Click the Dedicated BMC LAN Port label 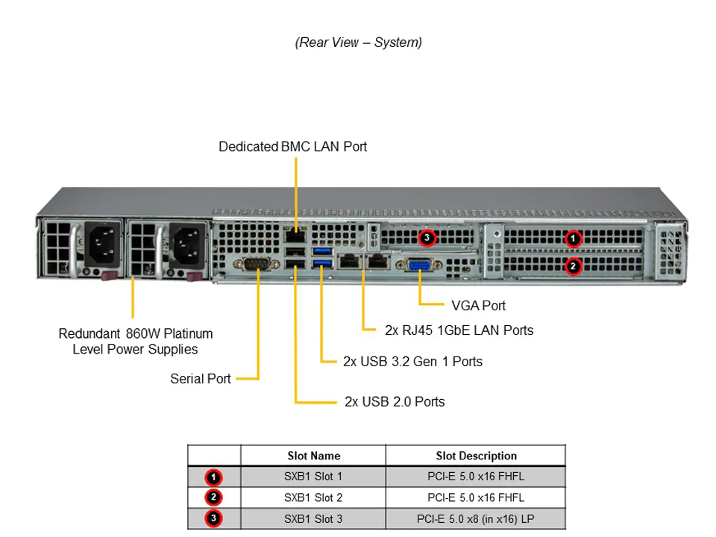pos(292,147)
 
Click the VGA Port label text pos(479,306)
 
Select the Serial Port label pos(201,379)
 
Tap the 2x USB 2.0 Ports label pos(395,402)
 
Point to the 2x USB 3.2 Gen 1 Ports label pos(412,362)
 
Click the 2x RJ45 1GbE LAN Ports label pos(459,330)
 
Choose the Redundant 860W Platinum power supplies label pos(136,341)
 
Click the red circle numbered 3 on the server pos(426,238)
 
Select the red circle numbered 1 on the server pos(573,239)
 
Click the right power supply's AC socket pos(181,243)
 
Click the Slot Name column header pos(313,456)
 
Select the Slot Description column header pos(476,456)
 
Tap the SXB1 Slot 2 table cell pos(313,497)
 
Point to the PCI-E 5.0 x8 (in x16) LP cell pos(476,518)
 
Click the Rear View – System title pos(358,43)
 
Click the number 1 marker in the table pos(213,477)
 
